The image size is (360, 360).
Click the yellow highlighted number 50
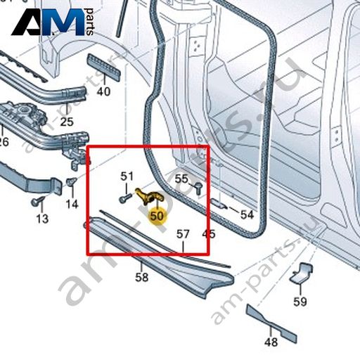(157, 216)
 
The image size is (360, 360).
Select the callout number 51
(127, 176)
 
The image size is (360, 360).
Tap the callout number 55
(181, 179)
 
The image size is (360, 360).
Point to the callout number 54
(247, 214)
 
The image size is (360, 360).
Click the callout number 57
(183, 234)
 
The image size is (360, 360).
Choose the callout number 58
(142, 277)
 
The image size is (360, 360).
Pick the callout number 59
(300, 302)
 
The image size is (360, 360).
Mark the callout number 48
(271, 342)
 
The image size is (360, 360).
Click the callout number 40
(103, 91)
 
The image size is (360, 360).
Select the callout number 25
(67, 122)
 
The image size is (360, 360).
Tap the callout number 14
(72, 204)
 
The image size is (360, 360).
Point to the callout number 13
(42, 219)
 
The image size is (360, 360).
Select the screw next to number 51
(125, 198)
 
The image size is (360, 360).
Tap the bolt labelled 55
(198, 188)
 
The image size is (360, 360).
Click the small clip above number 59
(301, 274)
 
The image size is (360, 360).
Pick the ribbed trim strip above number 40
(104, 67)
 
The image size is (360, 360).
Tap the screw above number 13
(37, 201)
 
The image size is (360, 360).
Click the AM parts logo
(53, 22)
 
